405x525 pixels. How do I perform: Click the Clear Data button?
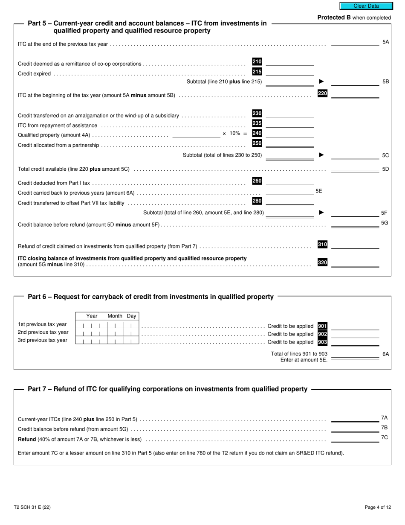click(366, 6)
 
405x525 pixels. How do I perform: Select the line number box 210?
click(257, 62)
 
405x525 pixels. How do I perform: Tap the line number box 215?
click(257, 72)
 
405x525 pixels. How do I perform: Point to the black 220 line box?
click(322, 93)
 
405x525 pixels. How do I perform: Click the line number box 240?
click(257, 133)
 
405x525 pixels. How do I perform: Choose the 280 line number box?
click(257, 201)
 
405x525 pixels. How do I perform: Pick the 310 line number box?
click(322, 245)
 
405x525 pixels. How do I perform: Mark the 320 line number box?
click(322, 262)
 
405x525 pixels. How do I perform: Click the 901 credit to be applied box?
click(322, 326)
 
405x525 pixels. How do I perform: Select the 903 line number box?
click(322, 342)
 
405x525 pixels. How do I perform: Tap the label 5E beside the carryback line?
click(319, 191)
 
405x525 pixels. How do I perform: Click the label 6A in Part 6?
click(385, 354)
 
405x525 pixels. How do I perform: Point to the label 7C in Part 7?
click(384, 437)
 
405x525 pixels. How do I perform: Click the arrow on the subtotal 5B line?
click(321, 82)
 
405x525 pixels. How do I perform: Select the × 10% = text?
click(234, 134)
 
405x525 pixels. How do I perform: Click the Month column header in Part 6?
click(115, 316)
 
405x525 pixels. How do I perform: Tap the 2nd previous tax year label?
click(43, 332)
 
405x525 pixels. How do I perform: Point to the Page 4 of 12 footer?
click(378, 507)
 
